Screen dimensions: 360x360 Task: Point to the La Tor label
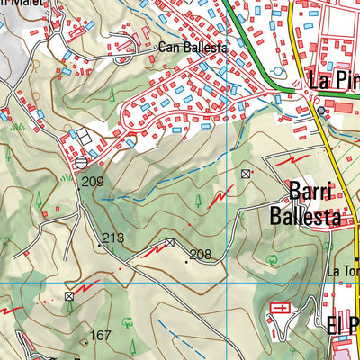coord(342,271)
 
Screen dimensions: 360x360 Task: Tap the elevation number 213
coord(112,238)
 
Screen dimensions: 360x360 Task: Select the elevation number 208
coord(200,255)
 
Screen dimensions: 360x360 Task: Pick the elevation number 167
coord(100,336)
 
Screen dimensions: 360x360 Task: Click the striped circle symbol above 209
coord(82,163)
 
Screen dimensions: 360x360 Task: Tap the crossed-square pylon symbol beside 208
coord(170,242)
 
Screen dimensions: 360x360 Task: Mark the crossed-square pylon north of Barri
coord(246,173)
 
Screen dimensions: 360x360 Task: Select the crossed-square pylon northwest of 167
coord(69,296)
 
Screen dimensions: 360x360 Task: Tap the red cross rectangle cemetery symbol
coord(281,309)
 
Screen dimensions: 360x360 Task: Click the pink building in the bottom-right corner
coord(346,349)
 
